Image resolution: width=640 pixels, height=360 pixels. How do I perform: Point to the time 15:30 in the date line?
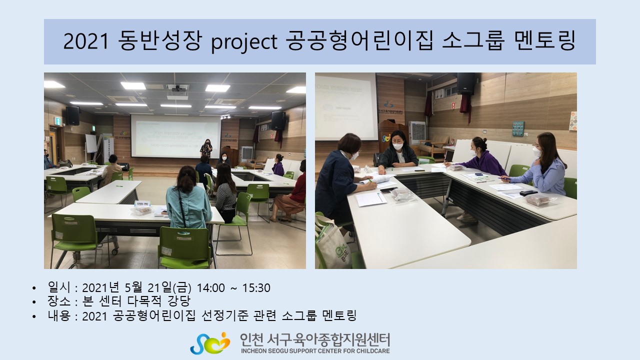tap(256, 288)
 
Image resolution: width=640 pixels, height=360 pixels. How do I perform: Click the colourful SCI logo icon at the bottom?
tap(210, 343)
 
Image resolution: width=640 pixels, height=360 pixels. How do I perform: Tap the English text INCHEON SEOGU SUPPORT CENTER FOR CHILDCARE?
tap(315, 351)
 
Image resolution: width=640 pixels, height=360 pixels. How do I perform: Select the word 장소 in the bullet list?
tap(59, 301)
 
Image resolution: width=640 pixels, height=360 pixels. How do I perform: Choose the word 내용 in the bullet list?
tap(59, 315)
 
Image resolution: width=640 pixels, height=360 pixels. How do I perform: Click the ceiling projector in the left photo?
tap(178, 89)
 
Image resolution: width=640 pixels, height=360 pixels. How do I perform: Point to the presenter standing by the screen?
tap(206, 148)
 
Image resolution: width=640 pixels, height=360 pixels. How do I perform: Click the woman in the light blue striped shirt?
tap(540, 165)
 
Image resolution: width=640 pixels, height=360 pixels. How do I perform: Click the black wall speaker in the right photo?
tap(466, 83)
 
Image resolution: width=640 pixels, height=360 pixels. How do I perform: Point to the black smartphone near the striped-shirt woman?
tap(528, 193)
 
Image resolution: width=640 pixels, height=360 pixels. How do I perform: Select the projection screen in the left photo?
tap(176, 136)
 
